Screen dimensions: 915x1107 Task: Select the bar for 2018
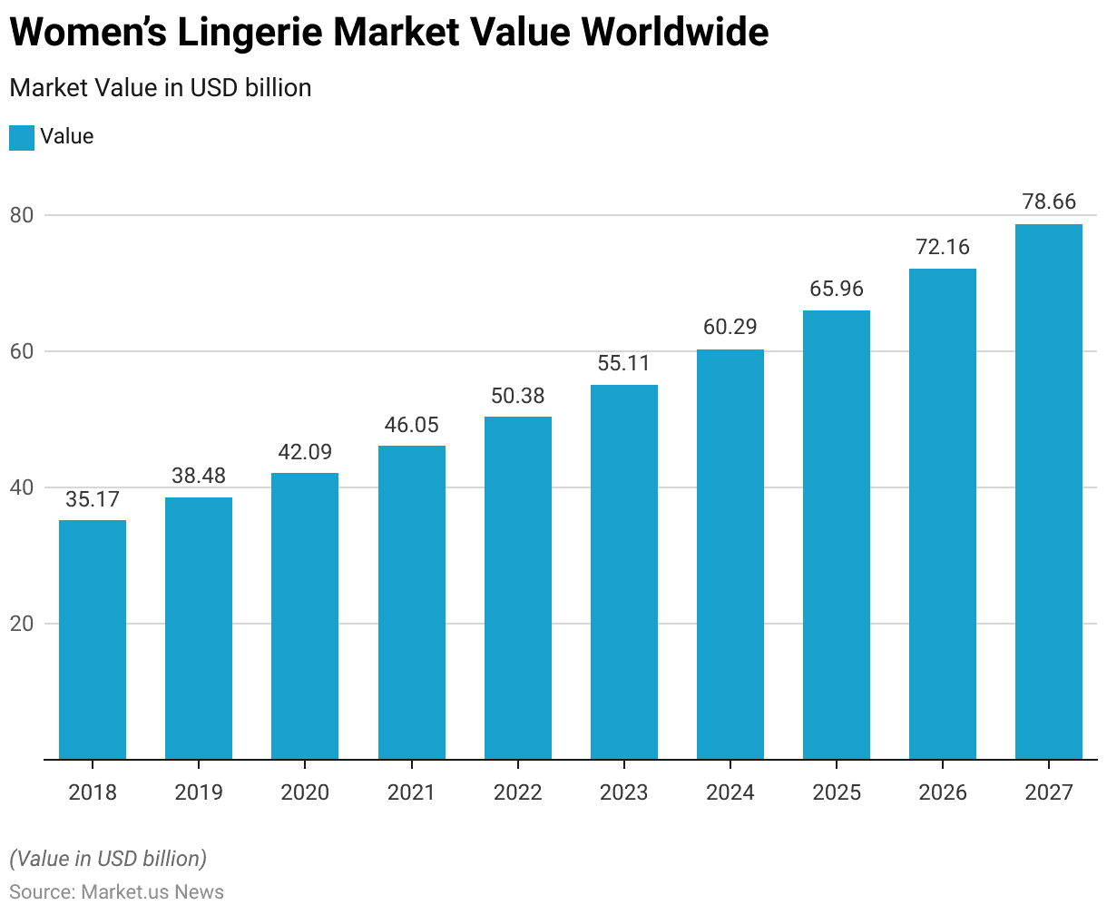tap(93, 639)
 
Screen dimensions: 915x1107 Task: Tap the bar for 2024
tap(730, 554)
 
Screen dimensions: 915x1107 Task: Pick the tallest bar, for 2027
tap(1049, 491)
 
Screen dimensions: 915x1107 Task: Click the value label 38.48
tap(199, 476)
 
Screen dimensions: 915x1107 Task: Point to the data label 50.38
tap(518, 396)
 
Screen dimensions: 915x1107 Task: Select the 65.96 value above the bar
tap(837, 289)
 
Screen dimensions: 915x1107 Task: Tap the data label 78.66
tap(1049, 202)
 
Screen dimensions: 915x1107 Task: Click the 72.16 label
tap(943, 247)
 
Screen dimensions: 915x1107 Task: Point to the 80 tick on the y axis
tap(23, 216)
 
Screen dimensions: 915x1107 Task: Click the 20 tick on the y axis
tap(23, 625)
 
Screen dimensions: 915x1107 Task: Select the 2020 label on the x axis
tap(305, 792)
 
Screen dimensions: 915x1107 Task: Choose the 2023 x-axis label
tap(624, 792)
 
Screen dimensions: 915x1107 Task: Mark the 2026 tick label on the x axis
tap(943, 792)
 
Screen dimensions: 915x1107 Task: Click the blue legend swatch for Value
tap(22, 137)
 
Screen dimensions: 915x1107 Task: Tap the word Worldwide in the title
tap(675, 33)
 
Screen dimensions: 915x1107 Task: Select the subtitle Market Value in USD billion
tap(161, 88)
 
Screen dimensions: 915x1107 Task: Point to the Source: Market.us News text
tap(117, 891)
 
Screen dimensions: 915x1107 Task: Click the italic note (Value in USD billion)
tap(108, 859)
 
